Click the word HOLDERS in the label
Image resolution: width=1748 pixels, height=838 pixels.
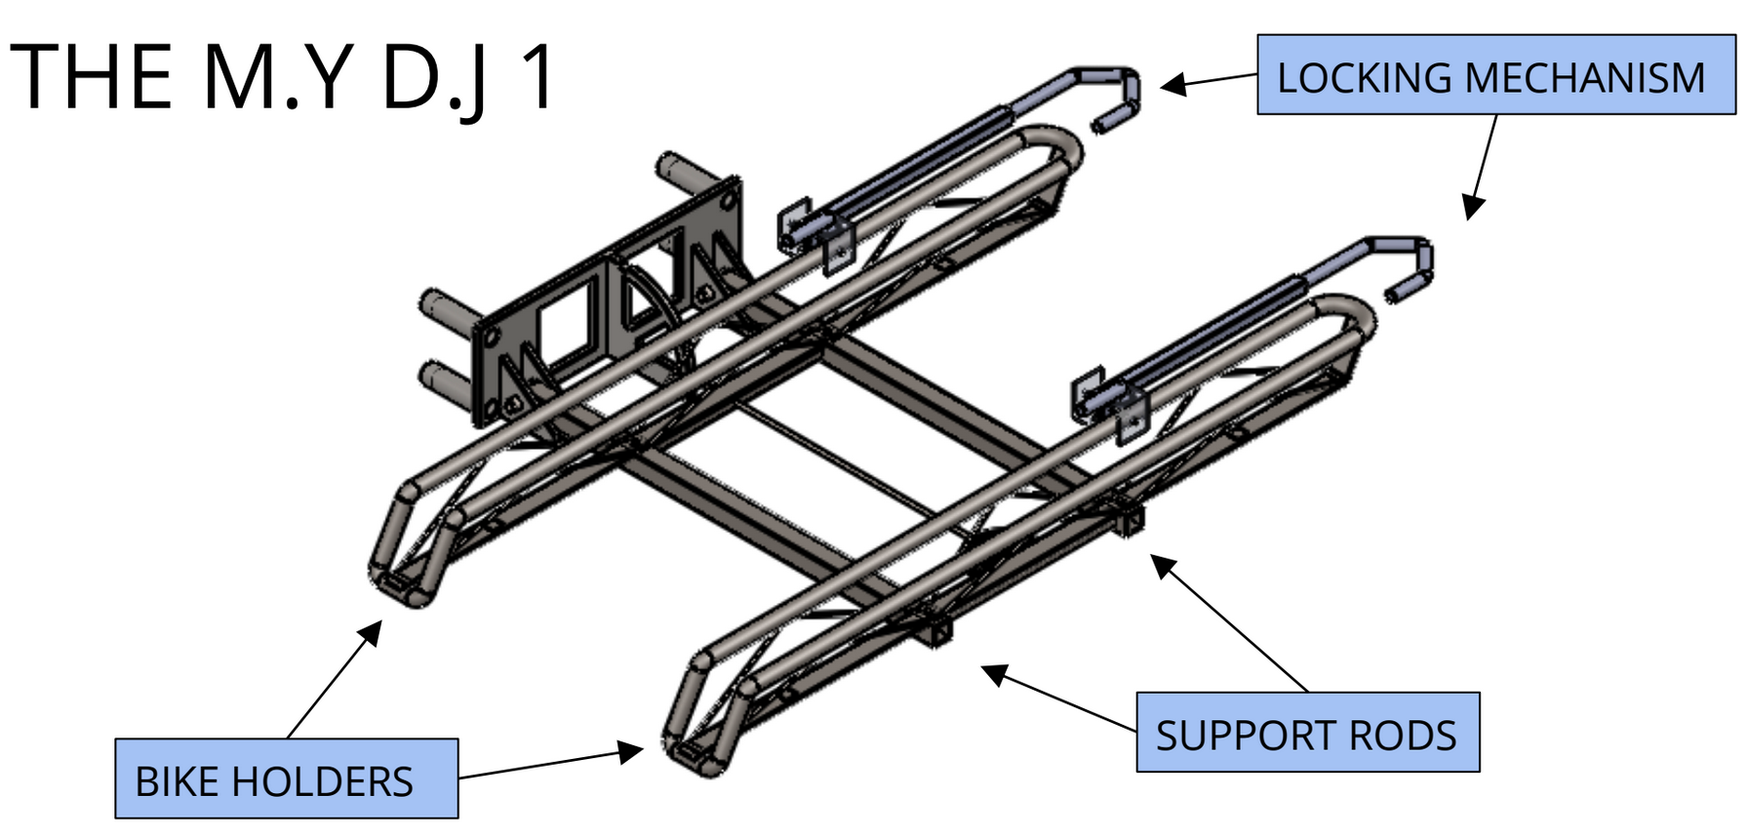[322, 782]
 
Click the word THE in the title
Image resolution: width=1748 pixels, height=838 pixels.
[92, 78]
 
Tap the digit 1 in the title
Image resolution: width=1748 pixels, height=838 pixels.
[537, 78]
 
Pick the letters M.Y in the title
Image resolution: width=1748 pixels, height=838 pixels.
[277, 78]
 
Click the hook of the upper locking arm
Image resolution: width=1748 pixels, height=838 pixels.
[1122, 98]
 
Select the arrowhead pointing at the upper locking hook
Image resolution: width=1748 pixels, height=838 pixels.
[1172, 84]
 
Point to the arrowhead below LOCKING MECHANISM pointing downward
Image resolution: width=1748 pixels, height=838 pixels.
[1472, 207]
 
